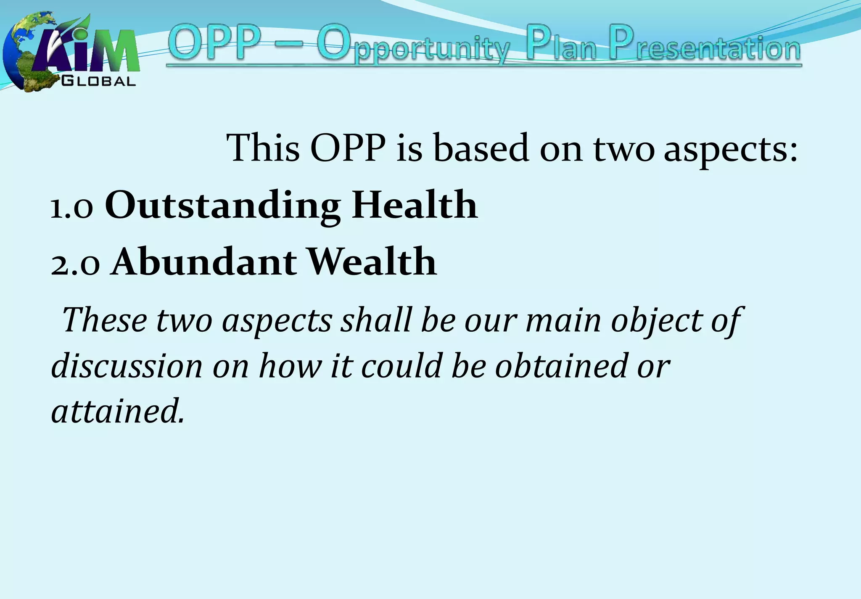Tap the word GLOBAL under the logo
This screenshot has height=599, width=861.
tap(99, 81)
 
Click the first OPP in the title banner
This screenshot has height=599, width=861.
tap(216, 43)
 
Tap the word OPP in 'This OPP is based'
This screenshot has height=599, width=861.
tap(348, 148)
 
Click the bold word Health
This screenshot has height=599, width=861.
tap(415, 205)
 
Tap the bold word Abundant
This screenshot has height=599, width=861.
tap(204, 262)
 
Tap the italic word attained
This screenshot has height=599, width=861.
tap(118, 411)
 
